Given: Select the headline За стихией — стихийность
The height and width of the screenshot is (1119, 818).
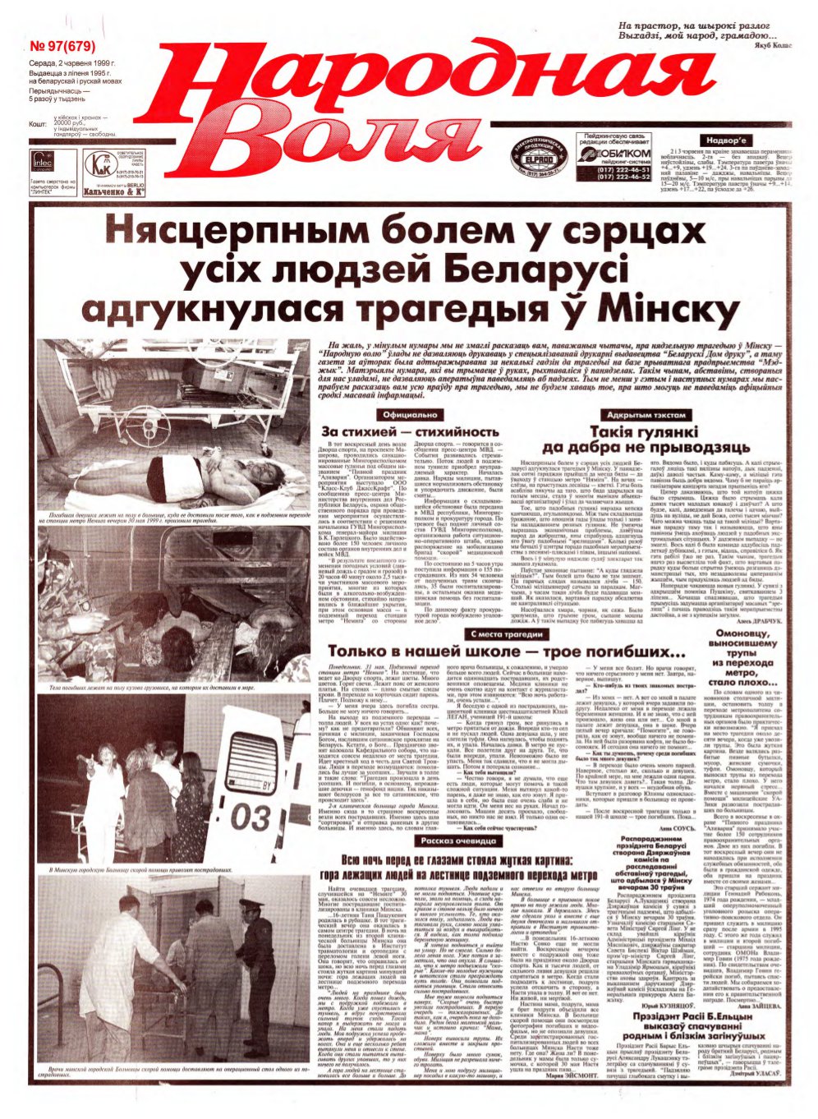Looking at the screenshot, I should click(x=410, y=432).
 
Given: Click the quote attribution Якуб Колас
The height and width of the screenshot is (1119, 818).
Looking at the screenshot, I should click(x=770, y=46).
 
